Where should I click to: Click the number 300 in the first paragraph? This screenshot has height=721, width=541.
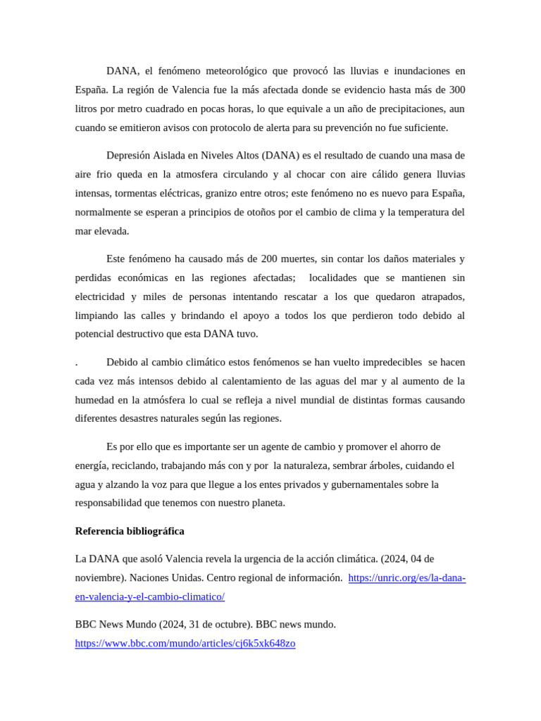click(457, 90)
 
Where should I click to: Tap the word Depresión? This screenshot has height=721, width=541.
click(129, 155)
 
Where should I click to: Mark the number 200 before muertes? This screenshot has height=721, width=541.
click(272, 258)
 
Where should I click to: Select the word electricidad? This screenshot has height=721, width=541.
click(101, 296)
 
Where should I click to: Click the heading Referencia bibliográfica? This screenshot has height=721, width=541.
click(130, 531)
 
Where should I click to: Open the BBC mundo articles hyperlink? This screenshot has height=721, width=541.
click(185, 644)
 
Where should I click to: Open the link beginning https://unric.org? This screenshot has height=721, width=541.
click(407, 578)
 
